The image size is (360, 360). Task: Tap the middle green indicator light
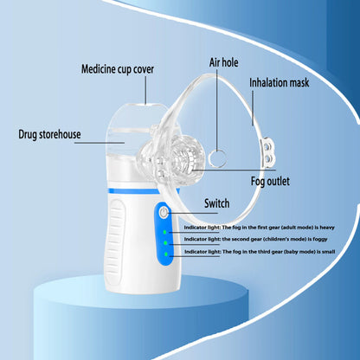164,242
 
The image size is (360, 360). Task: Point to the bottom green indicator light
164,254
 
